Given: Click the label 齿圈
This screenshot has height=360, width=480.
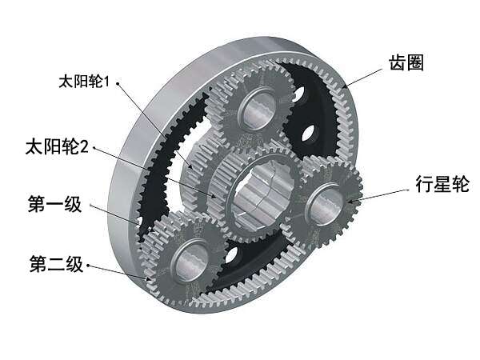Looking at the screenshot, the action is [x=406, y=63].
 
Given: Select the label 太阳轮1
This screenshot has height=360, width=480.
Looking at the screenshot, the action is [x=84, y=81].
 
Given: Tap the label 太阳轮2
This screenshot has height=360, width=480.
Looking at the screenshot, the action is [x=57, y=146].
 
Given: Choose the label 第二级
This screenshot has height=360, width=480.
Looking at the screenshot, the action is [x=56, y=264].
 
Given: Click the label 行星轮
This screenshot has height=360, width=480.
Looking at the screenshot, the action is [x=442, y=184].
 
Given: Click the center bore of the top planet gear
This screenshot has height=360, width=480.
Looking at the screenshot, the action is [x=258, y=109].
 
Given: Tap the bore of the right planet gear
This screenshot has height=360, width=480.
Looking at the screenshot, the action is [x=326, y=204].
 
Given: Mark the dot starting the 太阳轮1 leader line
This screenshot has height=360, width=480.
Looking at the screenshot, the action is [x=118, y=82].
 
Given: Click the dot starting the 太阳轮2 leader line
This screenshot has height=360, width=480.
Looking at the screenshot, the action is [x=94, y=148].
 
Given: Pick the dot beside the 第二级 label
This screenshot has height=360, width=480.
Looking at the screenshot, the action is [x=88, y=265].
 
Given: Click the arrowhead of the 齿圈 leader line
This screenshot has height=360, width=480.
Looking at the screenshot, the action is [x=345, y=86].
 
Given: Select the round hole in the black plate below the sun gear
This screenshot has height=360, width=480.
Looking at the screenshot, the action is [x=232, y=254].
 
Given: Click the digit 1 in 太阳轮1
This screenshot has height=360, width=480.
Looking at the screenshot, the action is [x=106, y=82].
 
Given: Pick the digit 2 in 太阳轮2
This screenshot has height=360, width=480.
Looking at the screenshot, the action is [x=84, y=147].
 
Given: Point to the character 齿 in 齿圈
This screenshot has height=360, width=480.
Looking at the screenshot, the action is [x=398, y=63].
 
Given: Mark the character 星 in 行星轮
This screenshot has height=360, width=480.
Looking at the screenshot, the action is [x=442, y=184].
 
